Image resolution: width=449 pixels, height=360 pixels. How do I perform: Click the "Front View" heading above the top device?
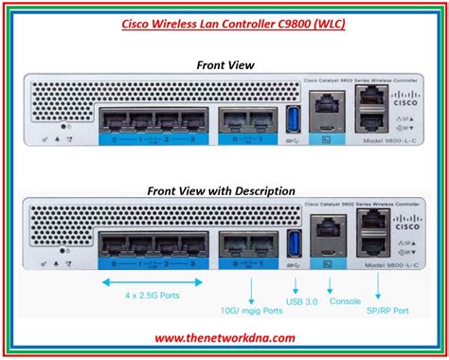point(225,65)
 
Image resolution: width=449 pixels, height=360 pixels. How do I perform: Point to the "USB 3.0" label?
point(300,303)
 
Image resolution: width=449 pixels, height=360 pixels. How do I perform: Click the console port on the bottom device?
point(328,238)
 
